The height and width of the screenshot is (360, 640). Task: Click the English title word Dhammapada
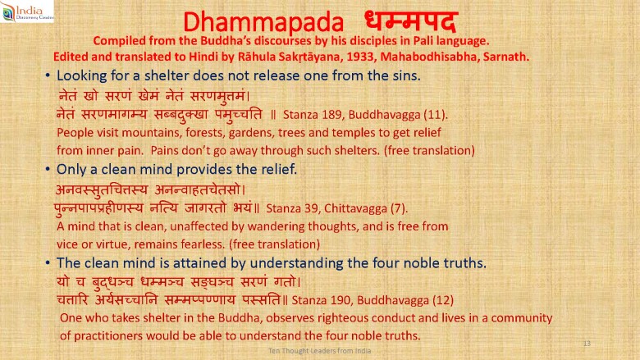point(263,22)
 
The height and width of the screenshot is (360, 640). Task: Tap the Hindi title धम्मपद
point(410,21)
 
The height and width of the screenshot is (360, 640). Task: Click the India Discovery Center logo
point(27,11)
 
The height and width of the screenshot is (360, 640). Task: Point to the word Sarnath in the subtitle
point(506,57)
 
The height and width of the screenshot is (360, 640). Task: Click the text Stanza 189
point(313,115)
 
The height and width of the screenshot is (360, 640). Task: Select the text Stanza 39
point(292,208)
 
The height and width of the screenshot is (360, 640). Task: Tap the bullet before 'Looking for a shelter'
point(48,75)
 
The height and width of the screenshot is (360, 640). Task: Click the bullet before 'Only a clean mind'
point(48,169)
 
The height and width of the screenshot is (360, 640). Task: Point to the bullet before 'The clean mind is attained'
point(48,263)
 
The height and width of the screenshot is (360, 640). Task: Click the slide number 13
point(587,344)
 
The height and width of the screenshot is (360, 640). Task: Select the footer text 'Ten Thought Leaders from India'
point(320,351)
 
